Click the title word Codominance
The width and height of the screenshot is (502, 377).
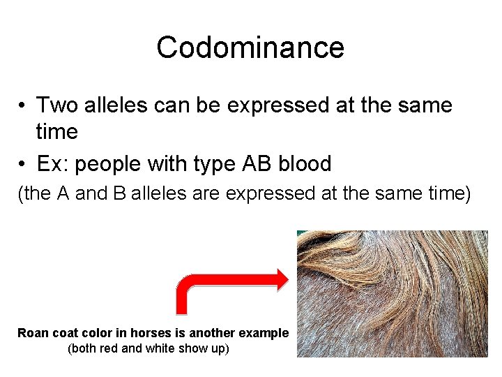point(250,47)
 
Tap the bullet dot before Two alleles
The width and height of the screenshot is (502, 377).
point(23,106)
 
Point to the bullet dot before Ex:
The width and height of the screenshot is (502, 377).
point(23,165)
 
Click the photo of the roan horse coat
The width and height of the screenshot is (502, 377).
point(392,293)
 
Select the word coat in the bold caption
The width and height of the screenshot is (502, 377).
point(65,333)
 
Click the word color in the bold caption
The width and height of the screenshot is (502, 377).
point(98,333)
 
